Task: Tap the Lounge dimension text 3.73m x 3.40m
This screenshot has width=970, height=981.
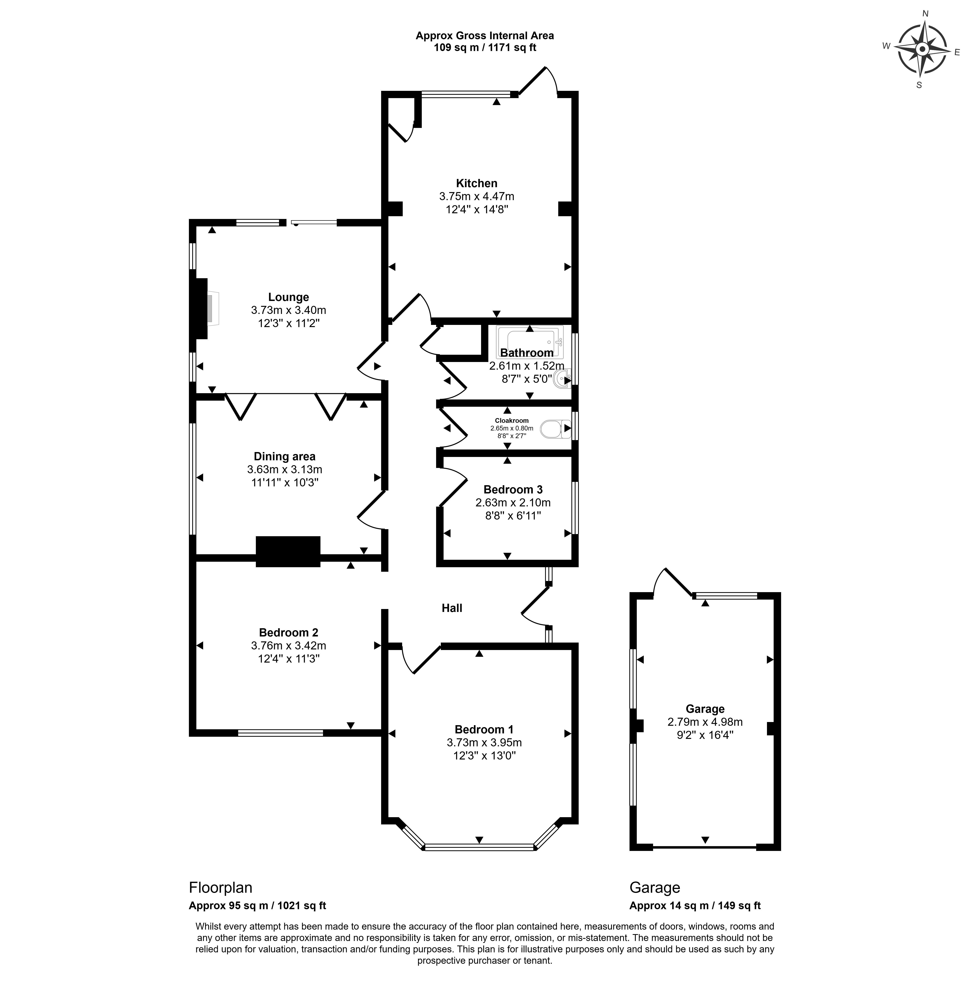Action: coord(288,310)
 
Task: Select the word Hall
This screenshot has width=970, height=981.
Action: coord(452,608)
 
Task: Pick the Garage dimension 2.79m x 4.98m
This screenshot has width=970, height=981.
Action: coord(705,722)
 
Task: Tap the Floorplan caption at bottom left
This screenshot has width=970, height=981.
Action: coord(221,888)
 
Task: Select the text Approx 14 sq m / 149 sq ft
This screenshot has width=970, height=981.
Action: coord(695,905)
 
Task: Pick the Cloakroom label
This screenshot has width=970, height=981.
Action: coord(512,420)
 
